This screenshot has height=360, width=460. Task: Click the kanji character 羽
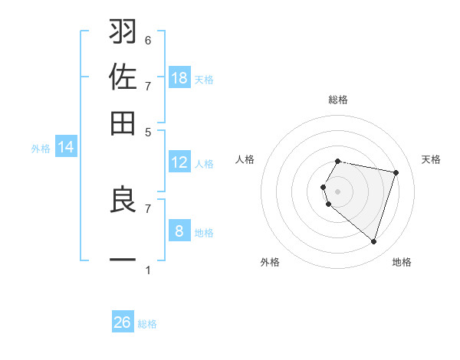click(x=123, y=32)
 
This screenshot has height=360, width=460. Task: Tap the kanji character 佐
click(x=123, y=78)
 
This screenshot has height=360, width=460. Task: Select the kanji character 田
click(x=123, y=123)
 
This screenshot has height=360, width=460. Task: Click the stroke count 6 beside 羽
click(x=148, y=40)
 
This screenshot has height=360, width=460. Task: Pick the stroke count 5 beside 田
click(x=148, y=131)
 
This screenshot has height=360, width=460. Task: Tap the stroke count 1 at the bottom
click(x=148, y=270)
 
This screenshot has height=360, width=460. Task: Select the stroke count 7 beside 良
click(x=148, y=208)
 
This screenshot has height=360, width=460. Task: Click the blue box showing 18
click(x=179, y=78)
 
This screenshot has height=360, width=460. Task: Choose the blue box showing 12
click(x=179, y=162)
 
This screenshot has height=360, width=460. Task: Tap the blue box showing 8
click(x=179, y=231)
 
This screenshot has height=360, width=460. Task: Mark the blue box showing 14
click(x=66, y=147)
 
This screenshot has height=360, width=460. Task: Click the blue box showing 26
click(x=123, y=322)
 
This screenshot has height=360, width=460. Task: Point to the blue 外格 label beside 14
click(x=41, y=149)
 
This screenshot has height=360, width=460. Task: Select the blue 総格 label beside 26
click(x=147, y=324)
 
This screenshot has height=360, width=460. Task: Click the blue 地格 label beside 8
click(x=204, y=233)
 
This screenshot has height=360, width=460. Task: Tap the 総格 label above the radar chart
click(x=338, y=100)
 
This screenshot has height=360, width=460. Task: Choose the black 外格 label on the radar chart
click(x=270, y=262)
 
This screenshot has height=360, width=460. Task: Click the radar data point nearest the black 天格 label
click(x=396, y=172)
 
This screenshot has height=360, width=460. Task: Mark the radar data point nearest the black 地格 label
click(x=373, y=242)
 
